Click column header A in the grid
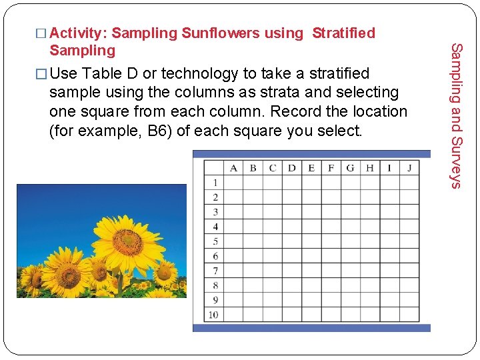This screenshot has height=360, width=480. pyautogui.click(x=233, y=167)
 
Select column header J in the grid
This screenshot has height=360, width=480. pyautogui.click(x=409, y=167)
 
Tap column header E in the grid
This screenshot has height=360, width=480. pyautogui.click(x=311, y=167)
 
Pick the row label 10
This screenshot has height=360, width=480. pyautogui.click(x=214, y=315)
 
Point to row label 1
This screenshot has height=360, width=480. pyautogui.click(x=215, y=182)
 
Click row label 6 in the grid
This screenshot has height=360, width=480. pyautogui.click(x=215, y=256)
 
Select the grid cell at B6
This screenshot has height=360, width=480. pyautogui.click(x=253, y=256)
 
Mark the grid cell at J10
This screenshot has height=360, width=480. pyautogui.click(x=409, y=315)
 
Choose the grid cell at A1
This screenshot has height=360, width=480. pyautogui.click(x=233, y=182)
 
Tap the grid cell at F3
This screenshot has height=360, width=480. pyautogui.click(x=331, y=212)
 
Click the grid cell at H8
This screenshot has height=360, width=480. pyautogui.click(x=370, y=285)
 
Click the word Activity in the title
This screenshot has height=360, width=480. pyautogui.click(x=79, y=33)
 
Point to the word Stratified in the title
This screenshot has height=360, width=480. pyautogui.click(x=343, y=33)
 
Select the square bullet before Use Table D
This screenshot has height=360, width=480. pyautogui.click(x=43, y=73)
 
